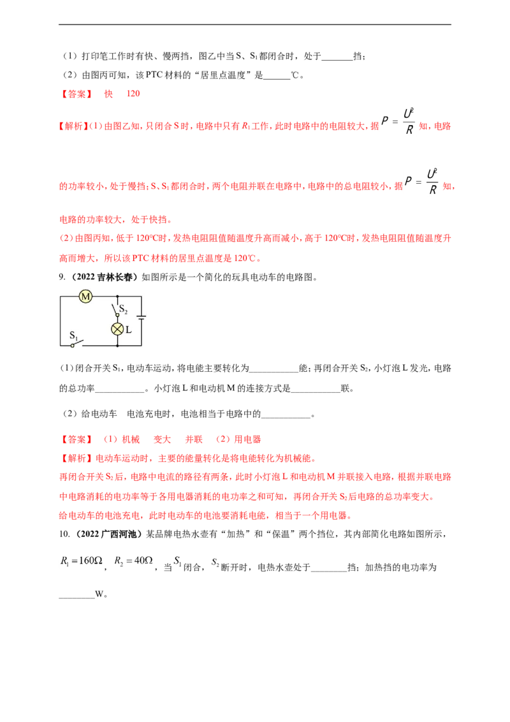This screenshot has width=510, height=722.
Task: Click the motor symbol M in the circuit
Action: (x=85, y=297)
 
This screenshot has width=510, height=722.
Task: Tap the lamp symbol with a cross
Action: (x=117, y=329)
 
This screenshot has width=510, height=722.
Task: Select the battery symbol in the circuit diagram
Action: (x=142, y=317)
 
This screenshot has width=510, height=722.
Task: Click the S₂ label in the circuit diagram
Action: (x=123, y=309)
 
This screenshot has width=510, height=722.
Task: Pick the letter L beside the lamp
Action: (x=128, y=330)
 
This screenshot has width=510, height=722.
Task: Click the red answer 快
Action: (x=108, y=94)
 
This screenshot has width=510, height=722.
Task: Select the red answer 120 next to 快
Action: (x=133, y=94)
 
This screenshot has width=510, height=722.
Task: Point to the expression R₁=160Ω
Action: (x=82, y=561)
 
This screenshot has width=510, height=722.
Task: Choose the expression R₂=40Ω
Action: (x=133, y=561)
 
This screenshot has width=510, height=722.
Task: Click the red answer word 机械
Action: (x=131, y=439)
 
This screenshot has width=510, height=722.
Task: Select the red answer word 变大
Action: (x=162, y=439)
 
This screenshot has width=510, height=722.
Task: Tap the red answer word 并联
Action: (x=194, y=439)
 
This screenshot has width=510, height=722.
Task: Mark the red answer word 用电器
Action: (x=247, y=439)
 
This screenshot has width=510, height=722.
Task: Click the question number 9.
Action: (x=62, y=277)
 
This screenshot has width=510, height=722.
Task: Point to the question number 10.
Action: (x=64, y=534)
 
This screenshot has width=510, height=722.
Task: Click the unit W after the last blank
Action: (x=99, y=594)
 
